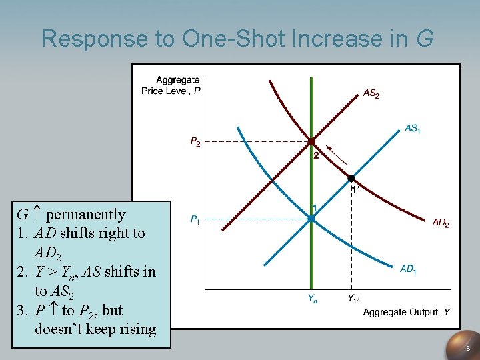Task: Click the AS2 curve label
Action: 371,94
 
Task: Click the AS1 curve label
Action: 413,128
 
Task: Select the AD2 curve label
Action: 440,223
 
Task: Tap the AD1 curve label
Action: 407,269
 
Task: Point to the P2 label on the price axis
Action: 195,141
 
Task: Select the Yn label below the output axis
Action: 313,299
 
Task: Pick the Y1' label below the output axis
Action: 353,299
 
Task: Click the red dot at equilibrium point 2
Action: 311,141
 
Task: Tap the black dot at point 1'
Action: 351,178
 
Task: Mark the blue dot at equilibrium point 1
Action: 311,218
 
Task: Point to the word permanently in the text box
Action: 85,214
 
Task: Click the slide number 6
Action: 468,349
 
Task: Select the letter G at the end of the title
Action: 424,39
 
